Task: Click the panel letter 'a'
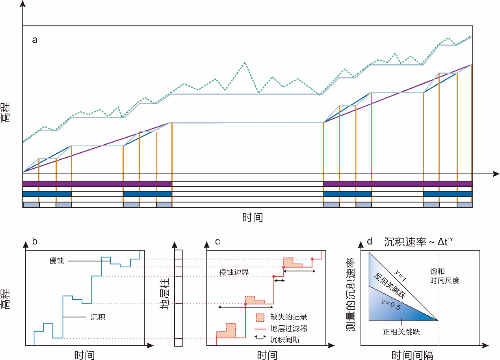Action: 35,40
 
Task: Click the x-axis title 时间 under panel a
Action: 252,217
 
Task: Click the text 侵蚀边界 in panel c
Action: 232,272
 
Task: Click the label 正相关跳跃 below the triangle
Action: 401,332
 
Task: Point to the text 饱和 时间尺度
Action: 445,276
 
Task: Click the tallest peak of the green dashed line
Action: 245,62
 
